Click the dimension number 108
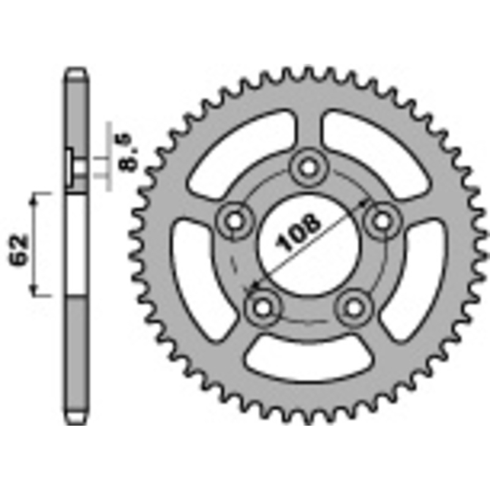tap(298, 233)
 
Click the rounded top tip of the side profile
tap(75, 70)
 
